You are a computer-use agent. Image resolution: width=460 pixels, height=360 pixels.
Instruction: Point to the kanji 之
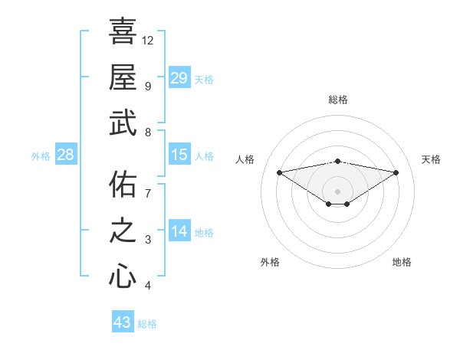click(123, 230)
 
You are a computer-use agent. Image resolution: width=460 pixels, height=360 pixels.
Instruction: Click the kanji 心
click(123, 276)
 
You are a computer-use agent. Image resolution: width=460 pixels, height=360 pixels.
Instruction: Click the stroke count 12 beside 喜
click(148, 40)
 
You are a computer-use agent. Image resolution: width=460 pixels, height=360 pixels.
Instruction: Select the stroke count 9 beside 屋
click(147, 86)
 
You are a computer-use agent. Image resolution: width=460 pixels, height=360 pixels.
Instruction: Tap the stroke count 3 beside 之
click(147, 240)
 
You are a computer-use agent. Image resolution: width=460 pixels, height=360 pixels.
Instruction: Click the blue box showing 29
click(179, 78)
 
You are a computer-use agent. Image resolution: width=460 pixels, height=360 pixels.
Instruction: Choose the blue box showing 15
click(179, 155)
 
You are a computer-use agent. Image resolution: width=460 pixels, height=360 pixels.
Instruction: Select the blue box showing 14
click(179, 231)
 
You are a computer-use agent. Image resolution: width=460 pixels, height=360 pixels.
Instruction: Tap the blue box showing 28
click(66, 155)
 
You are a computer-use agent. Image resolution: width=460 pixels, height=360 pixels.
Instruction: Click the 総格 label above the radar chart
click(337, 100)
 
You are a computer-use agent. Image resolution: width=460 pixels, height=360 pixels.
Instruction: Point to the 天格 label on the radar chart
click(431, 159)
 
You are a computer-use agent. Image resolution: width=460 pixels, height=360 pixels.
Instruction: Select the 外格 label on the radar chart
click(270, 262)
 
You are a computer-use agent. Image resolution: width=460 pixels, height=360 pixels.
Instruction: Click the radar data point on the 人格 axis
click(279, 172)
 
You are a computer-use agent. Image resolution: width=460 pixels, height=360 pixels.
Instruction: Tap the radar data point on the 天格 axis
click(396, 172)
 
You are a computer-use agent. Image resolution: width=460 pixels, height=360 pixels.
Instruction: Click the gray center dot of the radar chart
click(337, 190)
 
